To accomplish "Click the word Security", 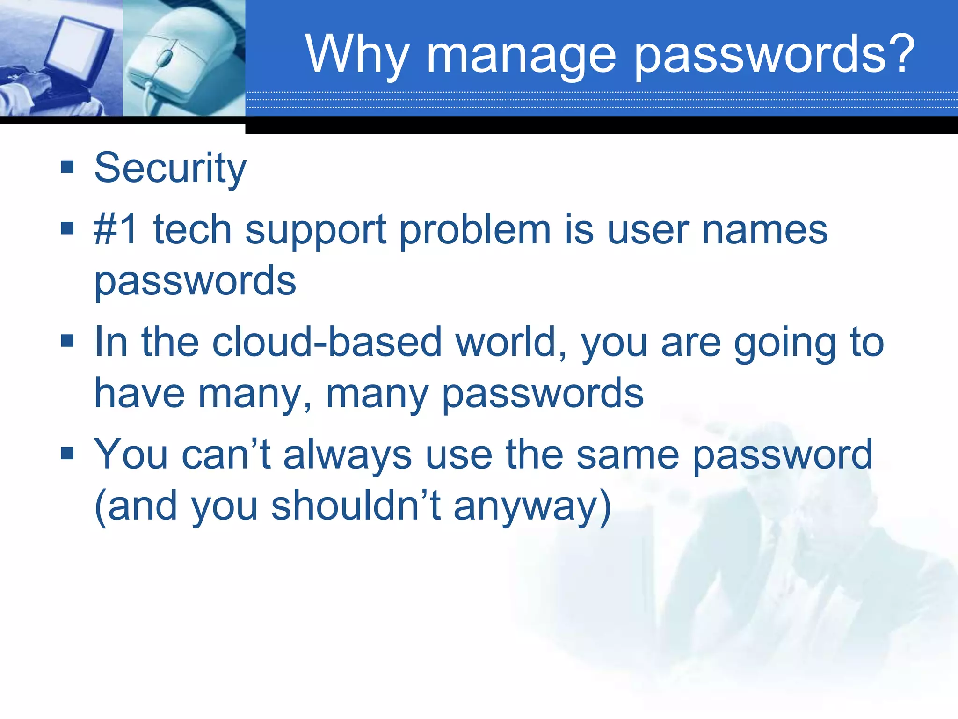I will point(170,169).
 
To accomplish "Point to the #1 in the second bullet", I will point(116,229).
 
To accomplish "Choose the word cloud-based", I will point(327,342).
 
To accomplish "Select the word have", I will point(139,393).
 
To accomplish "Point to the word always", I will point(348,455).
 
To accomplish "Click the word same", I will point(628,455).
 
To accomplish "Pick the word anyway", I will point(526,508).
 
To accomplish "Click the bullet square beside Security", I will point(67,166).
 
